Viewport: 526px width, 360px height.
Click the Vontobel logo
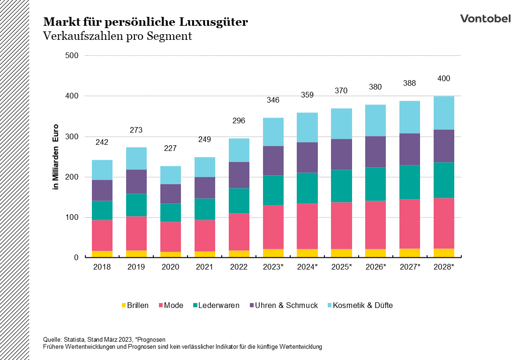tap(485, 19)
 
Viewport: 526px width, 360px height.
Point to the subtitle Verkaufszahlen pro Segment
tap(118, 36)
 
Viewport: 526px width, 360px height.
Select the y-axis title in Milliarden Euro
tap(55, 156)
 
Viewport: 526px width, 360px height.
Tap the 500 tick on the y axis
tap(71, 56)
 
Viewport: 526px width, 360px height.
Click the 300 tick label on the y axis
tap(71, 136)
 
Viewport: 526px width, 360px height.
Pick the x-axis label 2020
tap(170, 267)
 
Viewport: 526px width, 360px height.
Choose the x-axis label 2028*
tap(443, 267)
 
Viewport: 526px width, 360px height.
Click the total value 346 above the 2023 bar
tap(273, 100)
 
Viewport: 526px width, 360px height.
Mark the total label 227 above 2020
tap(170, 149)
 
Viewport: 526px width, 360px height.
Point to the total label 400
tap(443, 79)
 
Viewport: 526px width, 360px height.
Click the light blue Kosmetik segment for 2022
tap(239, 150)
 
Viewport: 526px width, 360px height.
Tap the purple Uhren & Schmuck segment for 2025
tap(341, 154)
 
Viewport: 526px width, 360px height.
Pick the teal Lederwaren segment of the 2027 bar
tap(409, 182)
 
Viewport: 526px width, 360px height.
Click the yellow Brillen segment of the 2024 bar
tap(307, 253)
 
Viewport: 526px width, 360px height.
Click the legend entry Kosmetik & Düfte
tap(359, 306)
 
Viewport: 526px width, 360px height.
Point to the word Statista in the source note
tap(73, 339)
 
